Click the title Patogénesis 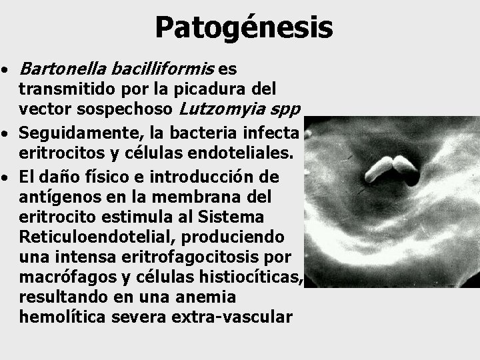click(243, 28)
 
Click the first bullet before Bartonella click(5, 70)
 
